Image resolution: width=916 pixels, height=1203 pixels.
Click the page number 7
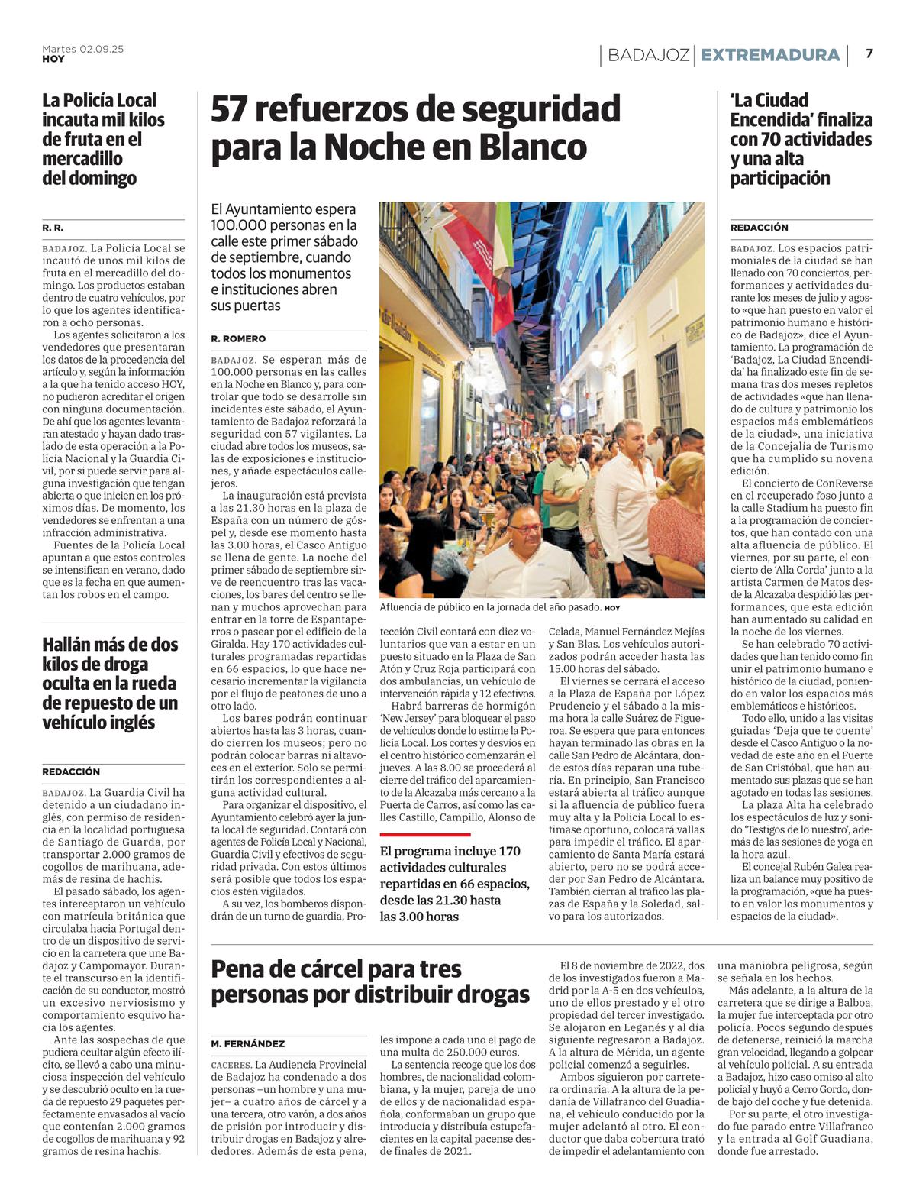[x=869, y=53]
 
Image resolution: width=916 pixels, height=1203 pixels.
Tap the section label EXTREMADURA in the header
[x=770, y=55]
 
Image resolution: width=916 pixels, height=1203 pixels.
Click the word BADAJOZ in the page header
[x=649, y=55]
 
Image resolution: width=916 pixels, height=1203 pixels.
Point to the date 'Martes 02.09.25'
[x=82, y=49]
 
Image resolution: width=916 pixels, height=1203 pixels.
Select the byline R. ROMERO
[x=238, y=338]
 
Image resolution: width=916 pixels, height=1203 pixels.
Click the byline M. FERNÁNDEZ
[x=248, y=1043]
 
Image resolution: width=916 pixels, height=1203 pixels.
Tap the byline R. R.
[x=53, y=228]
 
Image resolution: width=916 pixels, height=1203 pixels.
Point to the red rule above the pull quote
[x=425, y=835]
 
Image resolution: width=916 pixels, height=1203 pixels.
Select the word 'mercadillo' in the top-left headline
[x=82, y=159]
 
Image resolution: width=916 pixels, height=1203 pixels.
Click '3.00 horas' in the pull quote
[x=419, y=917]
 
